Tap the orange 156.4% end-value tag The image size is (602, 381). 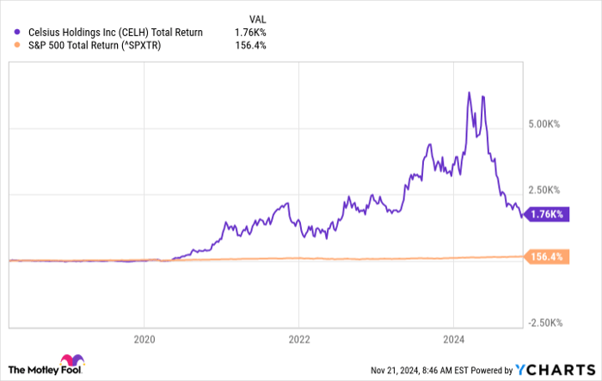coord(547,257)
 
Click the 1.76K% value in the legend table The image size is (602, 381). coord(250,33)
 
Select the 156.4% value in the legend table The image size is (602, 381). coord(250,46)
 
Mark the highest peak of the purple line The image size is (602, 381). coord(468,92)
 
